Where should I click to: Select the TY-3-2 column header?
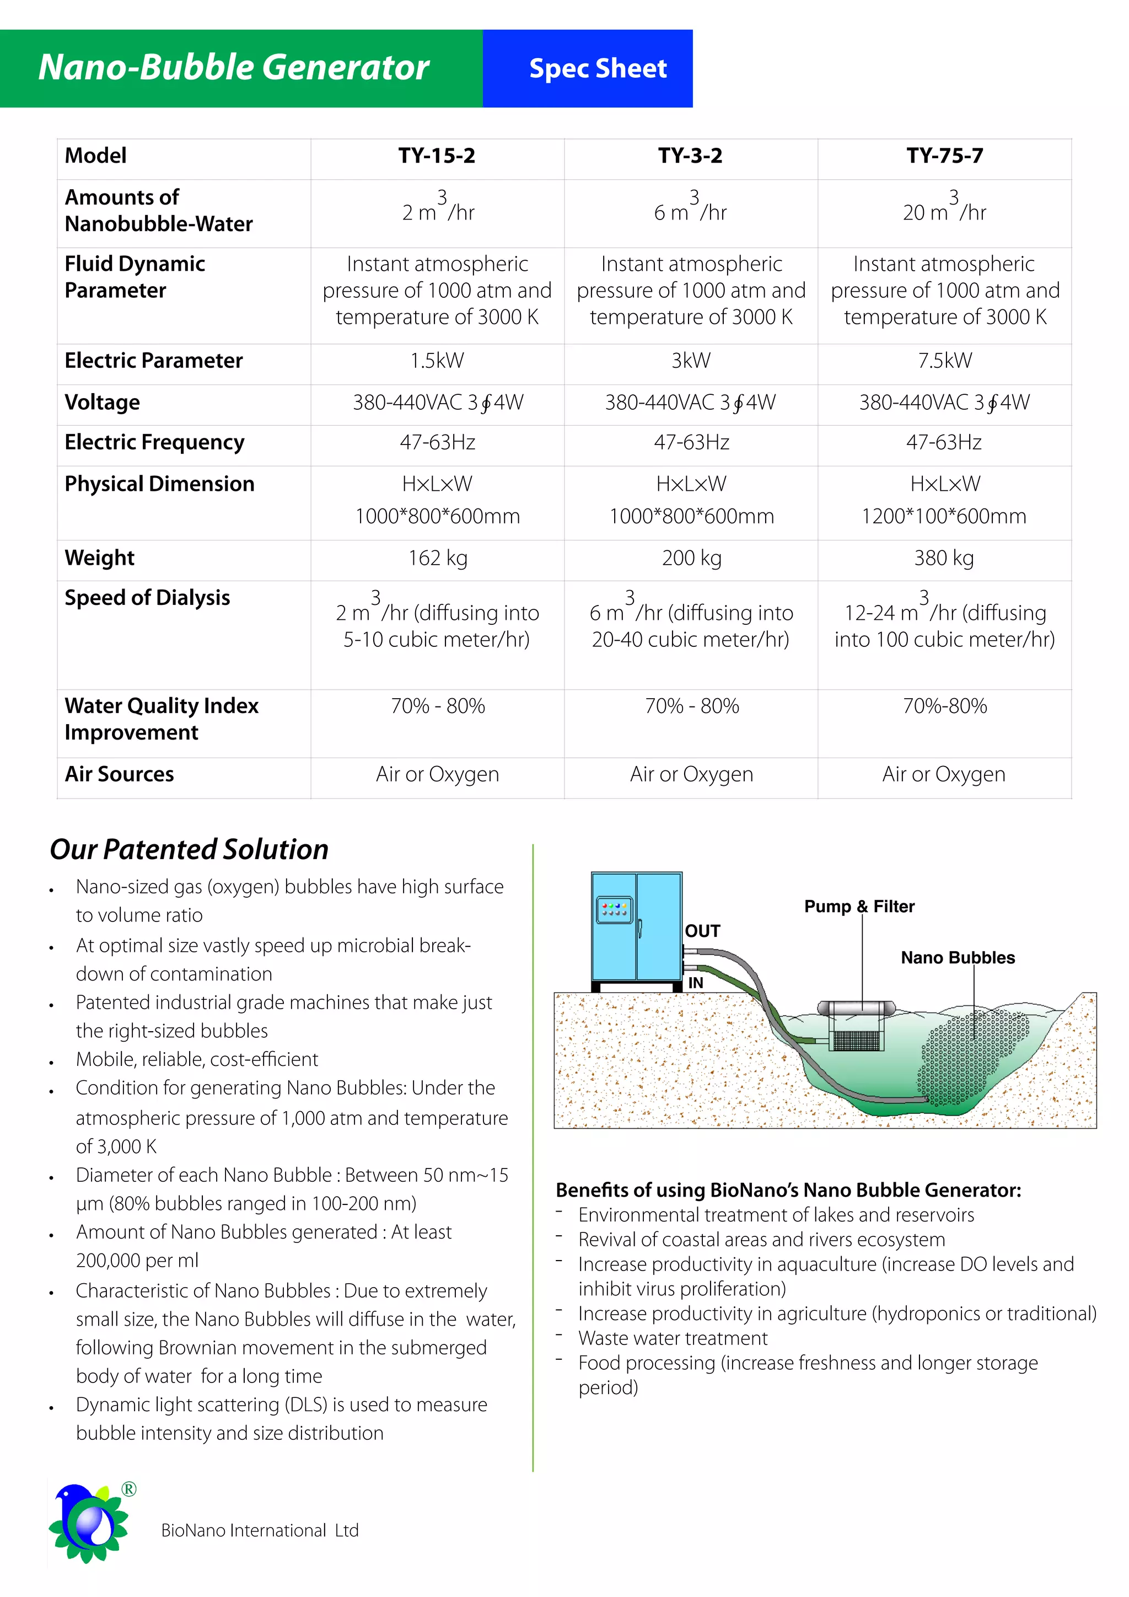point(690,156)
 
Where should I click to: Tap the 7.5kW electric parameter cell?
point(944,360)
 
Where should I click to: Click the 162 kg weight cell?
point(437,558)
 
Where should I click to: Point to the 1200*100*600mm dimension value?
point(944,516)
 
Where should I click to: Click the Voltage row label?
point(102,402)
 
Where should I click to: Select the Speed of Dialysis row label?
point(147,597)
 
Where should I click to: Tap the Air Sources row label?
point(119,774)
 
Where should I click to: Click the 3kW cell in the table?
point(690,360)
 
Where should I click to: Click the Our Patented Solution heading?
point(189,849)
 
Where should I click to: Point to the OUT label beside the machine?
point(702,931)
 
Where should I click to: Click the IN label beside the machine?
point(696,983)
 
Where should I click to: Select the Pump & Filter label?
point(859,907)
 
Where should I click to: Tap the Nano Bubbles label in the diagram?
point(958,958)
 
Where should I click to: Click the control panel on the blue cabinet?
point(615,910)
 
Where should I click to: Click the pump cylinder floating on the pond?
point(856,1008)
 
